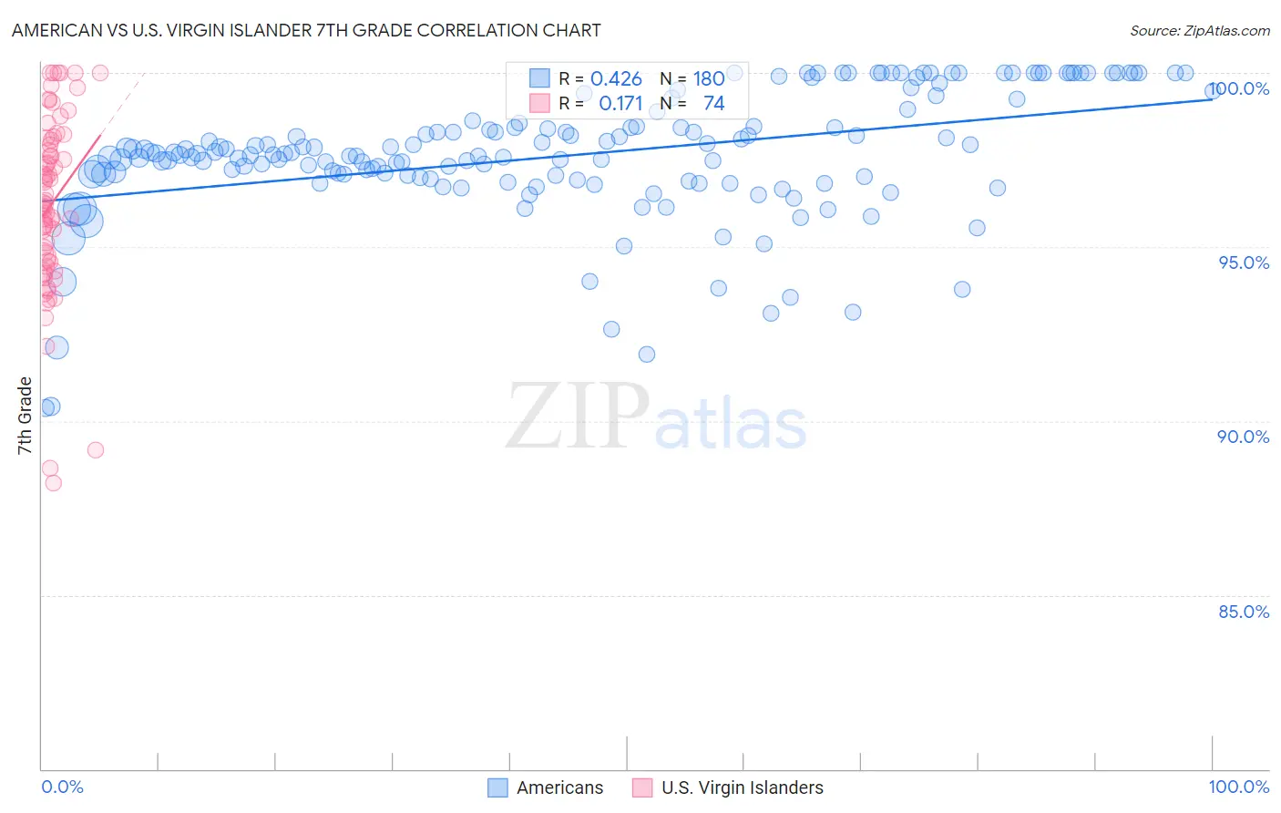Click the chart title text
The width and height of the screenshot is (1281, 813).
point(306,30)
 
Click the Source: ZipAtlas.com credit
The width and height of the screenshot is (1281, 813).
point(1199,30)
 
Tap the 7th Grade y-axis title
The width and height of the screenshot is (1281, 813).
point(25,416)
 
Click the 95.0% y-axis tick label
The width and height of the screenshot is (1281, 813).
point(1244,262)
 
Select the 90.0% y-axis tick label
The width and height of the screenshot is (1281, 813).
point(1244,437)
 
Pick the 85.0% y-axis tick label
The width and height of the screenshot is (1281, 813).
point(1244,612)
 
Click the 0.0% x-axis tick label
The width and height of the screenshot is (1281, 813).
point(62,787)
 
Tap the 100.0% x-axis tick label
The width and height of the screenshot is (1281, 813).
point(1238,787)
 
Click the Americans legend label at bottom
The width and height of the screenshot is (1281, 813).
point(559,787)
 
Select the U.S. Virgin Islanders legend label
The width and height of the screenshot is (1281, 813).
point(742,787)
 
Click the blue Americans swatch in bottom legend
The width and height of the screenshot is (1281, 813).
point(497,787)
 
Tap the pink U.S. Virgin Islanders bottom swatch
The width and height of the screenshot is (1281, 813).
point(642,787)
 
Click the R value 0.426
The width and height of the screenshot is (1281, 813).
point(616,79)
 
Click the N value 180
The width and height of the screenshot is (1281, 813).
point(709,79)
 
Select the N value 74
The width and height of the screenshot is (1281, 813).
point(713,104)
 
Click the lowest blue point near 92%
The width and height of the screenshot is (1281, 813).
point(647,354)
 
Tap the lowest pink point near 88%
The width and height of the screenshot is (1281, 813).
point(53,483)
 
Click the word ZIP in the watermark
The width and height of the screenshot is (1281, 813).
point(577,417)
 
